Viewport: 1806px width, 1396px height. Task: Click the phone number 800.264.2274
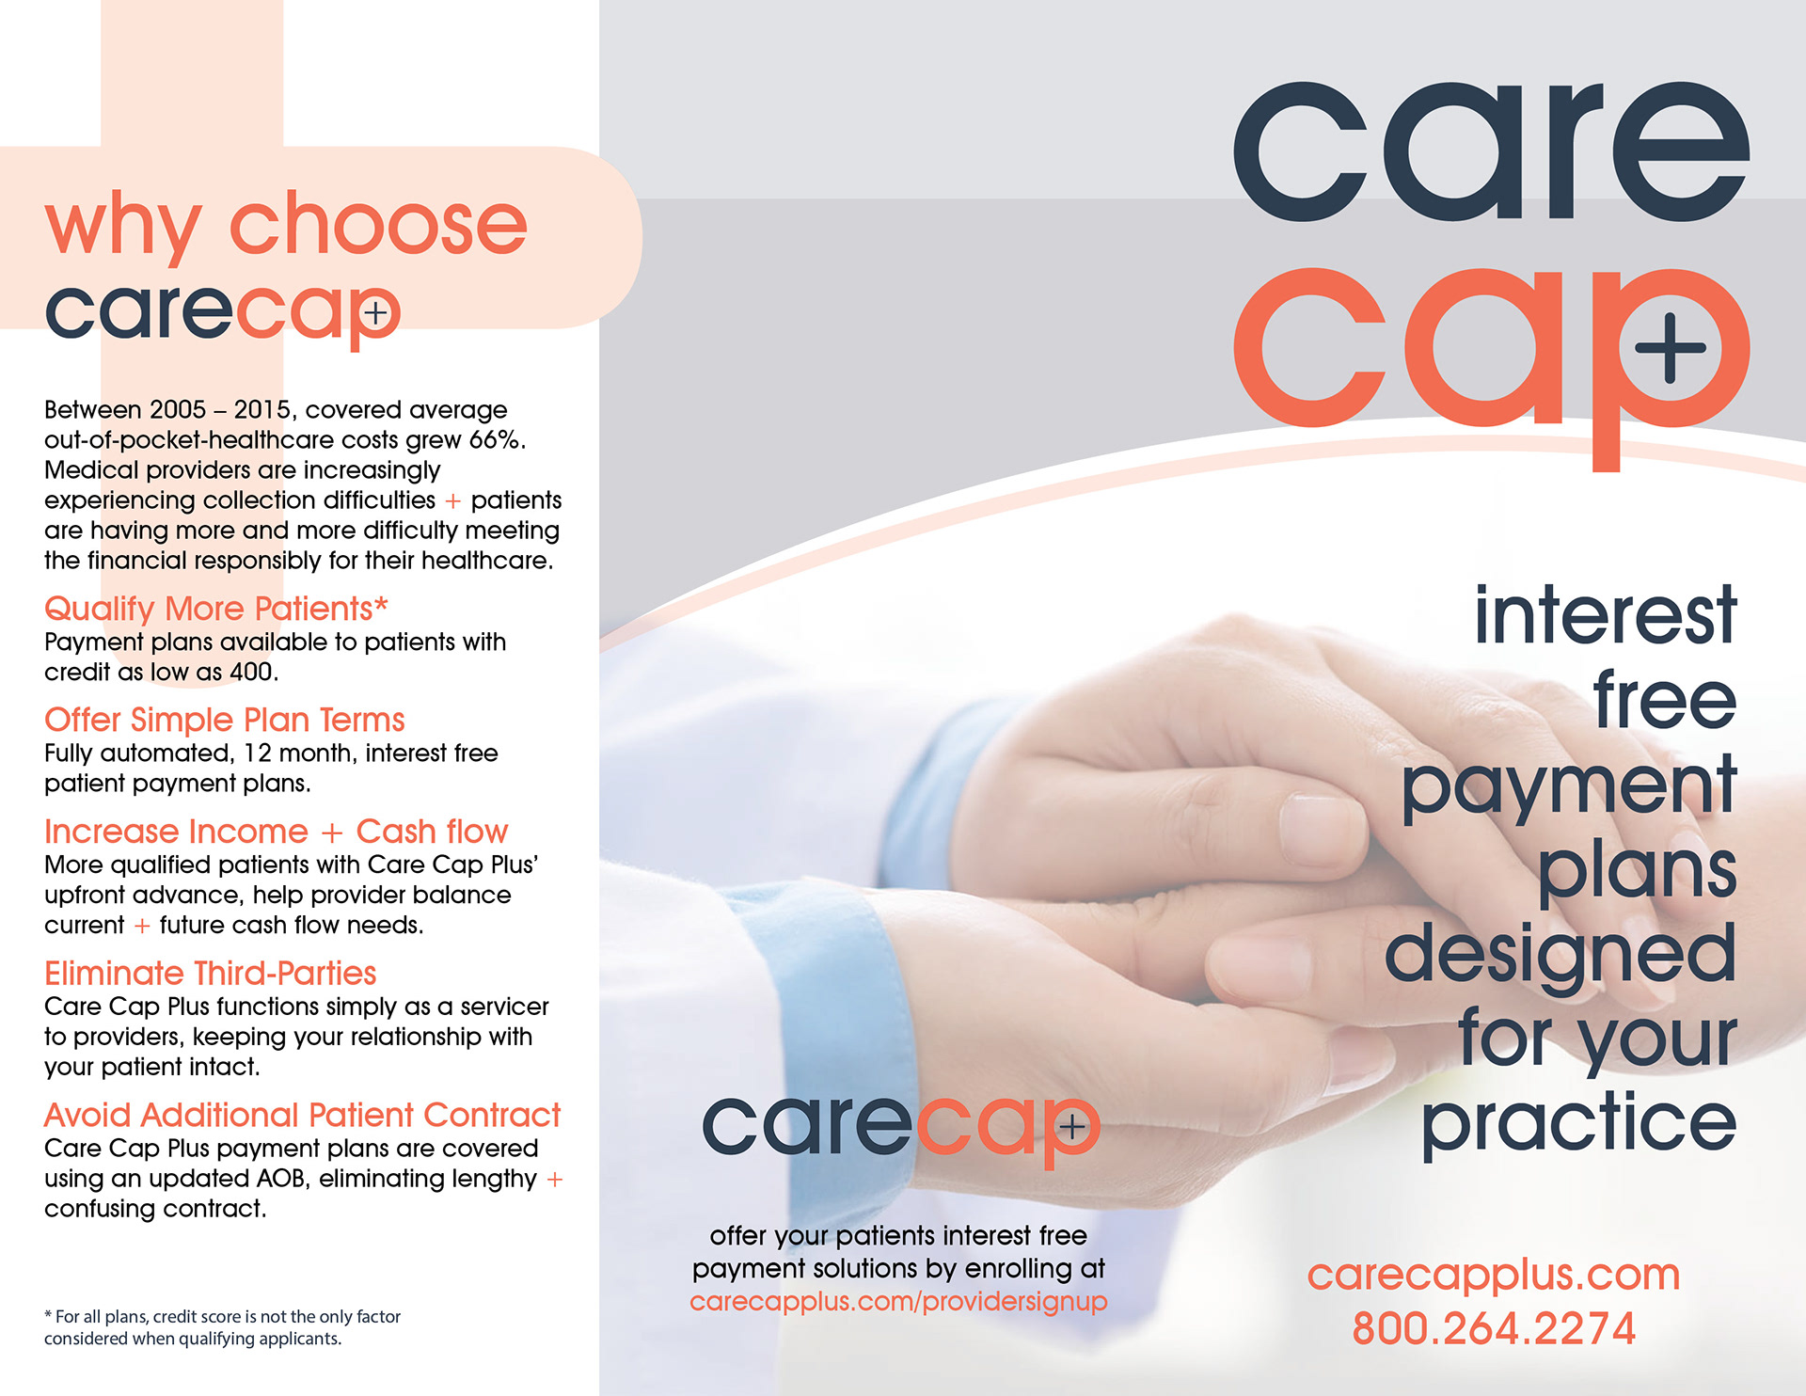1494,1328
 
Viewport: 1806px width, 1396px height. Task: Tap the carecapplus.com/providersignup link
898,1302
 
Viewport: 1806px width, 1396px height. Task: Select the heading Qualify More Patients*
216,609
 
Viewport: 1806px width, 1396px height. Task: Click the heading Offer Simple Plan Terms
224,720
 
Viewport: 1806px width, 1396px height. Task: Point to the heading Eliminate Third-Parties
210,973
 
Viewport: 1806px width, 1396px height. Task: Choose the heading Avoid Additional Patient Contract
302,1115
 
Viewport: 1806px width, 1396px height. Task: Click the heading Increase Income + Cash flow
276,832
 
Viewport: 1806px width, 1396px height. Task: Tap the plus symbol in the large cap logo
1670,347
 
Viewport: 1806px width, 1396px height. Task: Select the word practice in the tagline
1578,1123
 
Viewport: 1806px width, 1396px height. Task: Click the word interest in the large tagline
1605,615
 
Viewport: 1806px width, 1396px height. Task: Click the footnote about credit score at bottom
222,1327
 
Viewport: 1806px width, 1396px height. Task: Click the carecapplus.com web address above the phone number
1494,1275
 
